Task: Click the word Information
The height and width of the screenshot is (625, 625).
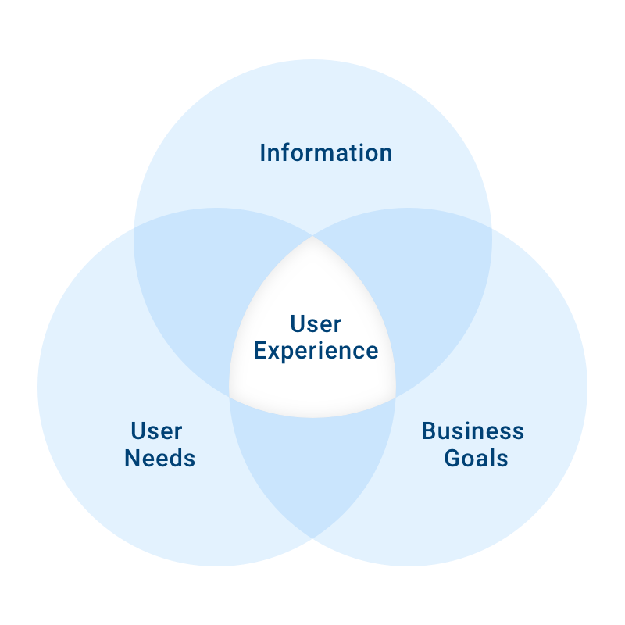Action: click(326, 152)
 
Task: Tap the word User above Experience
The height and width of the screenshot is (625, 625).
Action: click(316, 323)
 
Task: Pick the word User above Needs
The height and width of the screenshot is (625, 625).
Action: click(157, 431)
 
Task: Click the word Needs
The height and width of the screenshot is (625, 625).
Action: click(160, 458)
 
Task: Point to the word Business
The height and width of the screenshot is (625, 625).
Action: click(473, 431)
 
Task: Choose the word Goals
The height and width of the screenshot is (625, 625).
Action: click(477, 458)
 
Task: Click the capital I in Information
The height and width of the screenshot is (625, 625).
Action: click(262, 152)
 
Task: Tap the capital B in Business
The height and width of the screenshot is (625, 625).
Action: click(429, 431)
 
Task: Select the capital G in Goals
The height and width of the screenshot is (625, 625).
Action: click(452, 458)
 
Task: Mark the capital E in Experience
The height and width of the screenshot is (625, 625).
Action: click(260, 350)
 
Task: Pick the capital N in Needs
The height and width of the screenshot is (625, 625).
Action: click(132, 458)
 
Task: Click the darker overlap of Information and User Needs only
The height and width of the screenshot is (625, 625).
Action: click(199, 287)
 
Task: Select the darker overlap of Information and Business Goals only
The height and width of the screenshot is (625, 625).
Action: click(427, 287)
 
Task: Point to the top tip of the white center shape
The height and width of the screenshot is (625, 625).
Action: click(312, 236)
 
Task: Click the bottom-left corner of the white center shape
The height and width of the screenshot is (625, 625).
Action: click(230, 397)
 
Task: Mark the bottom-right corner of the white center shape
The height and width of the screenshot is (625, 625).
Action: click(395, 397)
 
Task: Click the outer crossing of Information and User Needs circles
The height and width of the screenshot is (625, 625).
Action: click(134, 228)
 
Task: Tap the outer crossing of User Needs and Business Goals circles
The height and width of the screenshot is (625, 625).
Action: click(312, 538)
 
